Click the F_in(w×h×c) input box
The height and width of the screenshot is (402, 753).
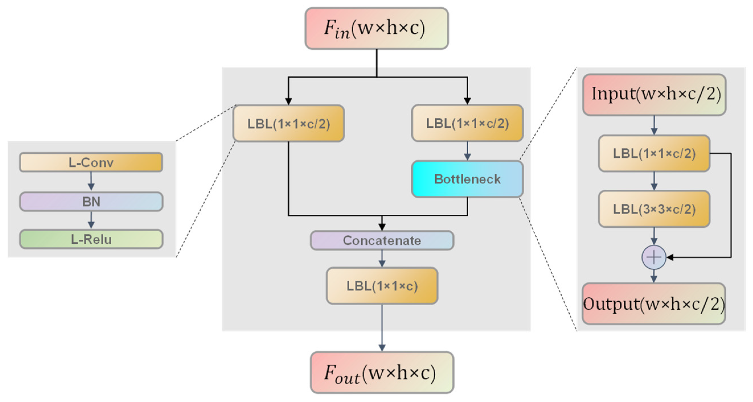[376, 28]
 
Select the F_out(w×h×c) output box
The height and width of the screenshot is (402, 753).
[382, 372]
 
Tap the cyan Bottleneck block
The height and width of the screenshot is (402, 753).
[467, 179]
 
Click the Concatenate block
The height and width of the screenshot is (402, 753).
[382, 240]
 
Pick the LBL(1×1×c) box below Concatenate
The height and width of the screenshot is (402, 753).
[382, 286]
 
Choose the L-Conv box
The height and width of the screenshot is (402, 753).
[91, 162]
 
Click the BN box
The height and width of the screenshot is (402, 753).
[91, 202]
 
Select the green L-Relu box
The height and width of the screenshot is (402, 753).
[91, 239]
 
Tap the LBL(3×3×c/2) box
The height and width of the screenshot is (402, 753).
[654, 209]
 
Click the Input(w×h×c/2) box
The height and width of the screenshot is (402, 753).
[654, 94]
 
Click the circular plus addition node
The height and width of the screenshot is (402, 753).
[654, 257]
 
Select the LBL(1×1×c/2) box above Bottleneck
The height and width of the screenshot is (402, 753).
[467, 123]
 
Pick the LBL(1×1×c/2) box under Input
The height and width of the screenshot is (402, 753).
[654, 153]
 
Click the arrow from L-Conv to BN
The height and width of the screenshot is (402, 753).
[91, 181]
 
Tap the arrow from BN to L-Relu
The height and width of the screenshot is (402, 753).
[91, 220]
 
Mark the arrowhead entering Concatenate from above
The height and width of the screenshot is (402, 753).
[382, 227]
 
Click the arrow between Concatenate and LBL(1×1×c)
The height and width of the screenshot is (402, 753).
[382, 259]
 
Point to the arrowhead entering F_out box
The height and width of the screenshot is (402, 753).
[382, 347]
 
